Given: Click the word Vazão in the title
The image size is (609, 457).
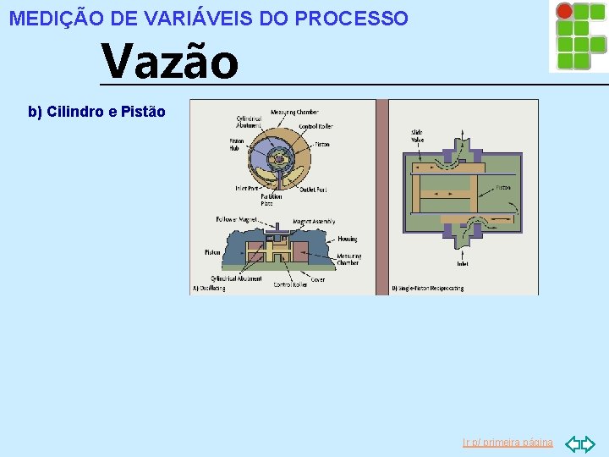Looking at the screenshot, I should (x=170, y=63).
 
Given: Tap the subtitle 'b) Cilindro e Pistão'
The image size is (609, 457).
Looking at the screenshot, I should (x=96, y=112).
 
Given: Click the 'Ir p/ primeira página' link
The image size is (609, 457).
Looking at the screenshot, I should (x=507, y=443).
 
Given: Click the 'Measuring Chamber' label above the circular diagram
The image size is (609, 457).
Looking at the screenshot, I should (x=294, y=113).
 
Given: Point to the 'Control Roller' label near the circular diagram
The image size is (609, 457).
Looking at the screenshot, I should (x=315, y=126).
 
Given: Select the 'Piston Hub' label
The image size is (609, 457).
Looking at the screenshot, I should (x=236, y=144).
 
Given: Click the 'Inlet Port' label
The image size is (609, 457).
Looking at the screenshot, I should (x=247, y=188).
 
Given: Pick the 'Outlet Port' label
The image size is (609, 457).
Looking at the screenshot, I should (x=313, y=190).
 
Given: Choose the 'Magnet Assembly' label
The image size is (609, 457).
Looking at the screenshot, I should (x=314, y=222).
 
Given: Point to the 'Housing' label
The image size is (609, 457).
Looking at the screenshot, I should (x=348, y=239).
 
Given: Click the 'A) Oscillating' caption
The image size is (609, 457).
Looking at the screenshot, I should (x=209, y=288).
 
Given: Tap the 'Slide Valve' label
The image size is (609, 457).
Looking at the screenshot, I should (x=418, y=135).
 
